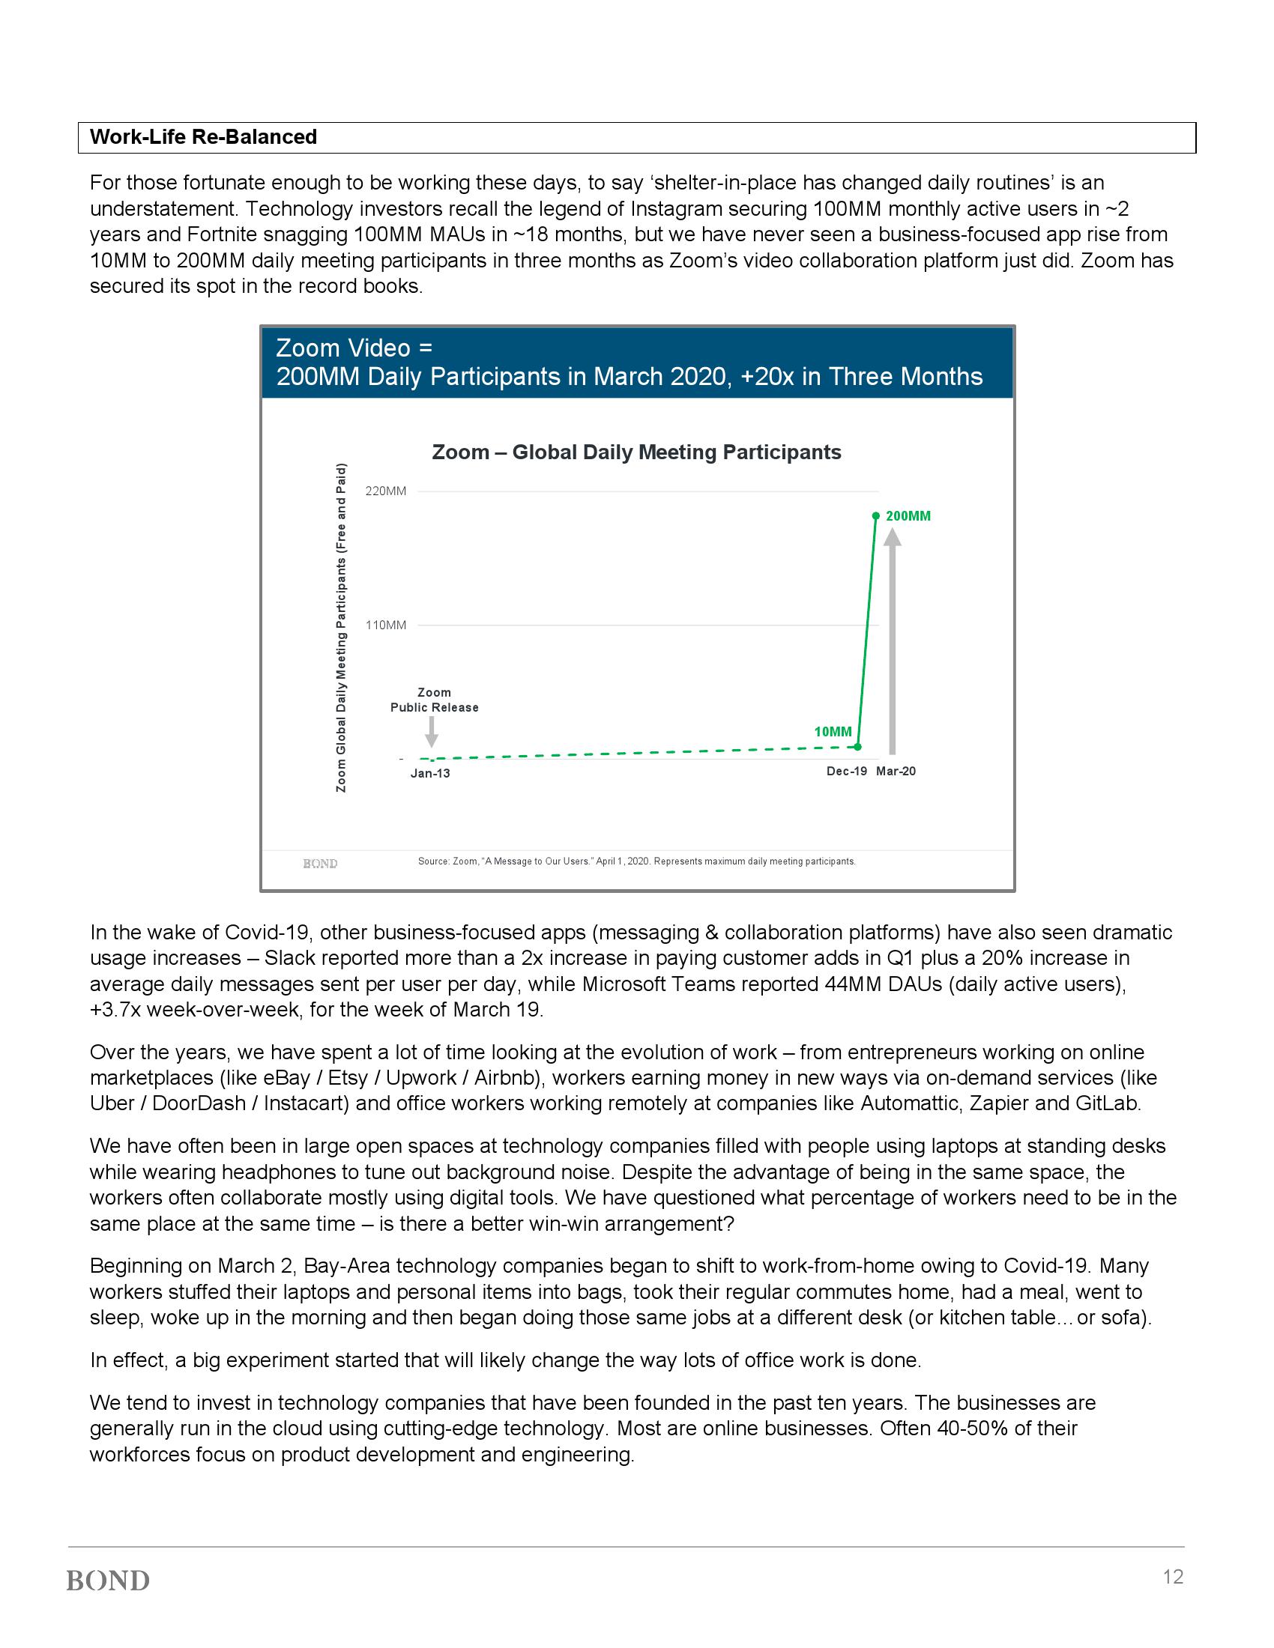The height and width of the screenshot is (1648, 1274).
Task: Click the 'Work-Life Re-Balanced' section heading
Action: click(203, 137)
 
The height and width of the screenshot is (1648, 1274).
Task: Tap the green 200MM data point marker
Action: click(875, 516)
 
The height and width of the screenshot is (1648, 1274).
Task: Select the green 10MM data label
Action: click(833, 731)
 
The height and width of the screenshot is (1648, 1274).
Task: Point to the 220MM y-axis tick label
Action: click(386, 491)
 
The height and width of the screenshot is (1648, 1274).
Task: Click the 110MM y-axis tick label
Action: click(386, 625)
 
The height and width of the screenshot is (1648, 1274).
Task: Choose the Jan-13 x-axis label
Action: click(430, 774)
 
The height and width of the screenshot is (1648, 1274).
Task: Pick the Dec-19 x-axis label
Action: click(847, 771)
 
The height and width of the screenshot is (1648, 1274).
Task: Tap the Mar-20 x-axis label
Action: click(896, 771)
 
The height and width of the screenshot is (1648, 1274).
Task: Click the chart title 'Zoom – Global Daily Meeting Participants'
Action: click(636, 452)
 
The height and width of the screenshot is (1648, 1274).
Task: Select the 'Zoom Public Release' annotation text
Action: click(434, 700)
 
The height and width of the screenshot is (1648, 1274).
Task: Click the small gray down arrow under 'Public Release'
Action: click(432, 731)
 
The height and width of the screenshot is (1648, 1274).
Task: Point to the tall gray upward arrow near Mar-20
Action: click(892, 641)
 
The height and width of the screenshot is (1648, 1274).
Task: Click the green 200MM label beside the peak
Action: click(908, 516)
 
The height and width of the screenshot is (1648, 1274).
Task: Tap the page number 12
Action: click(1173, 1577)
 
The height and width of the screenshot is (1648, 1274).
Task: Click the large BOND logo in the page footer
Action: click(108, 1581)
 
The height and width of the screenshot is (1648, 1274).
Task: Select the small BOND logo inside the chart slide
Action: click(320, 863)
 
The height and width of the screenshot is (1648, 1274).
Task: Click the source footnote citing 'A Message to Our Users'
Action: click(636, 861)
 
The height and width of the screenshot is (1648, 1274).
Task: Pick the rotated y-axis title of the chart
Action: click(341, 627)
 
